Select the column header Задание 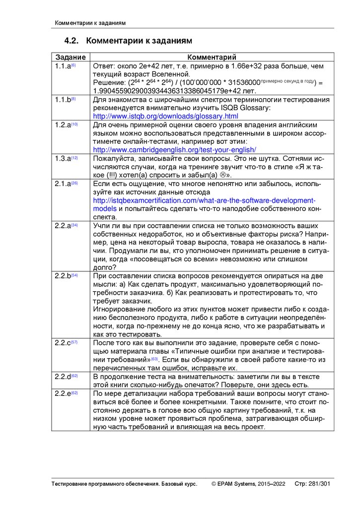coord(71,58)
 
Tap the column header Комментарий coord(212,58)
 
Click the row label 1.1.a coord(64,66)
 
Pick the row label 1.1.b coord(64,100)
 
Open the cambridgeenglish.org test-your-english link coord(174,149)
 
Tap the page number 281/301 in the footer coord(319,484)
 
